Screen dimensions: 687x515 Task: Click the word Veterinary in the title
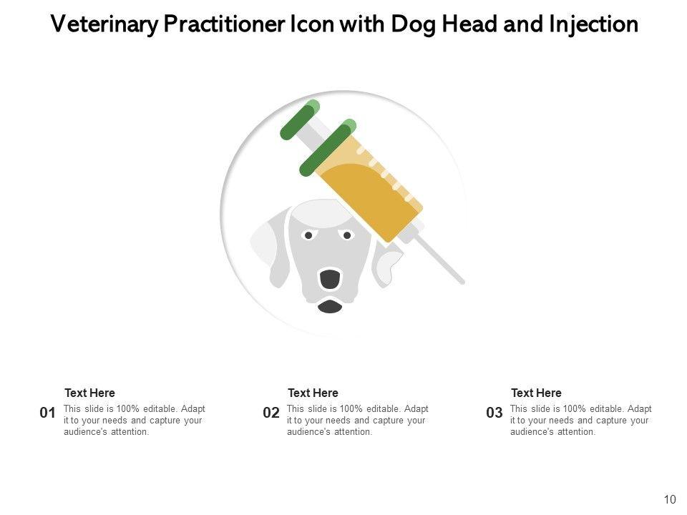pyautogui.click(x=104, y=24)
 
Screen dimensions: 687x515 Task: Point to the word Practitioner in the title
pyautogui.click(x=223, y=24)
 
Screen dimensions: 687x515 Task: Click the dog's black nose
pyautogui.click(x=329, y=279)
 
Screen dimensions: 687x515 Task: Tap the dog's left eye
pyautogui.click(x=308, y=235)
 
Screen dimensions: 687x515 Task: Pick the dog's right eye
pyautogui.click(x=347, y=235)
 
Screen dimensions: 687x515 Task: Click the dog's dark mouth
pyautogui.click(x=330, y=307)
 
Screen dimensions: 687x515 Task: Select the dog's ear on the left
pyautogui.click(x=270, y=250)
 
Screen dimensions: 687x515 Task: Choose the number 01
pyautogui.click(x=47, y=413)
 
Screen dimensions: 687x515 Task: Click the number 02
pyautogui.click(x=271, y=413)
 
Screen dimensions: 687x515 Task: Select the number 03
pyautogui.click(x=494, y=413)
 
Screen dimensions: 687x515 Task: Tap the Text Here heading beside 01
pyautogui.click(x=90, y=393)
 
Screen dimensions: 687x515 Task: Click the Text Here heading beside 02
pyautogui.click(x=313, y=393)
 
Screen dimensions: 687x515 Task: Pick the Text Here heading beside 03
pyautogui.click(x=536, y=393)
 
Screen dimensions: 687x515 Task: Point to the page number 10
pyautogui.click(x=670, y=500)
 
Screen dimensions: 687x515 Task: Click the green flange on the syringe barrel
pyautogui.click(x=328, y=147)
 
